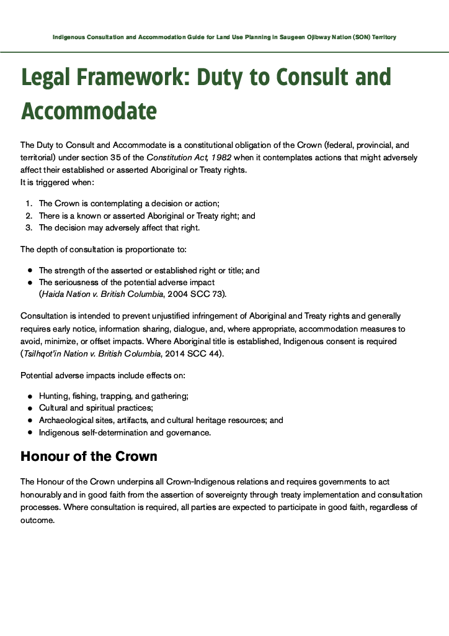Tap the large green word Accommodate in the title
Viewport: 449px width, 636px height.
89,111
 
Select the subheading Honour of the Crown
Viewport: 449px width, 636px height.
89,457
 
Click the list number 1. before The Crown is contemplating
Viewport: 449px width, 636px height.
29,204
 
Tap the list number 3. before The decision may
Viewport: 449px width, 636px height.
29,227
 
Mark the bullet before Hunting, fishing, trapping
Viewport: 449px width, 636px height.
30,396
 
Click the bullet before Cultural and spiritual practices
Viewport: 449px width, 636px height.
30,408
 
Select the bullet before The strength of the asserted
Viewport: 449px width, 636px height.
30,271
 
